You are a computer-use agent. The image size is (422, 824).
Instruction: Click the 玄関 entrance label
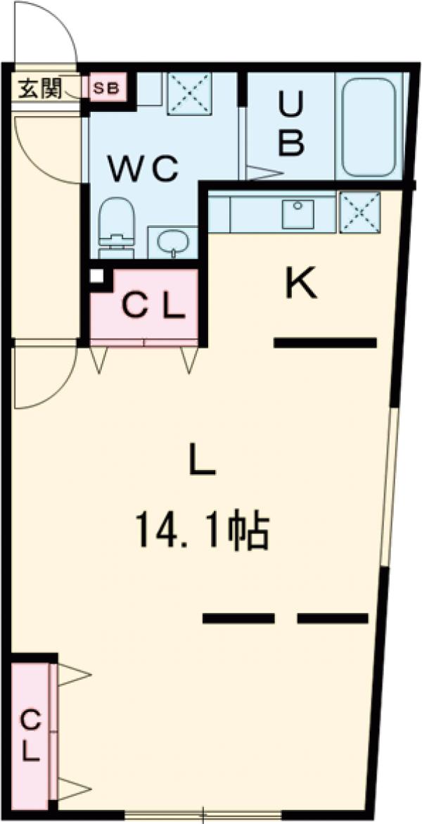pos(39,89)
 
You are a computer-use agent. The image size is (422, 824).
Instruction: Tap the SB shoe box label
pos(107,89)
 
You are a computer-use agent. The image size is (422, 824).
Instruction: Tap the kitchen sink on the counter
pos(299,214)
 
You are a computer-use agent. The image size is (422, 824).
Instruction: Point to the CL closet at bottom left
pos(30,735)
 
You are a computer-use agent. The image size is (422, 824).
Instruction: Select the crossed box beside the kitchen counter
pos(359,212)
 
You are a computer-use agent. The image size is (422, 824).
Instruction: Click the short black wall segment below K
pos(324,343)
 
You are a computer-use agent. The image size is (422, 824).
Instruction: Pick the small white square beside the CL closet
pos(96,277)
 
